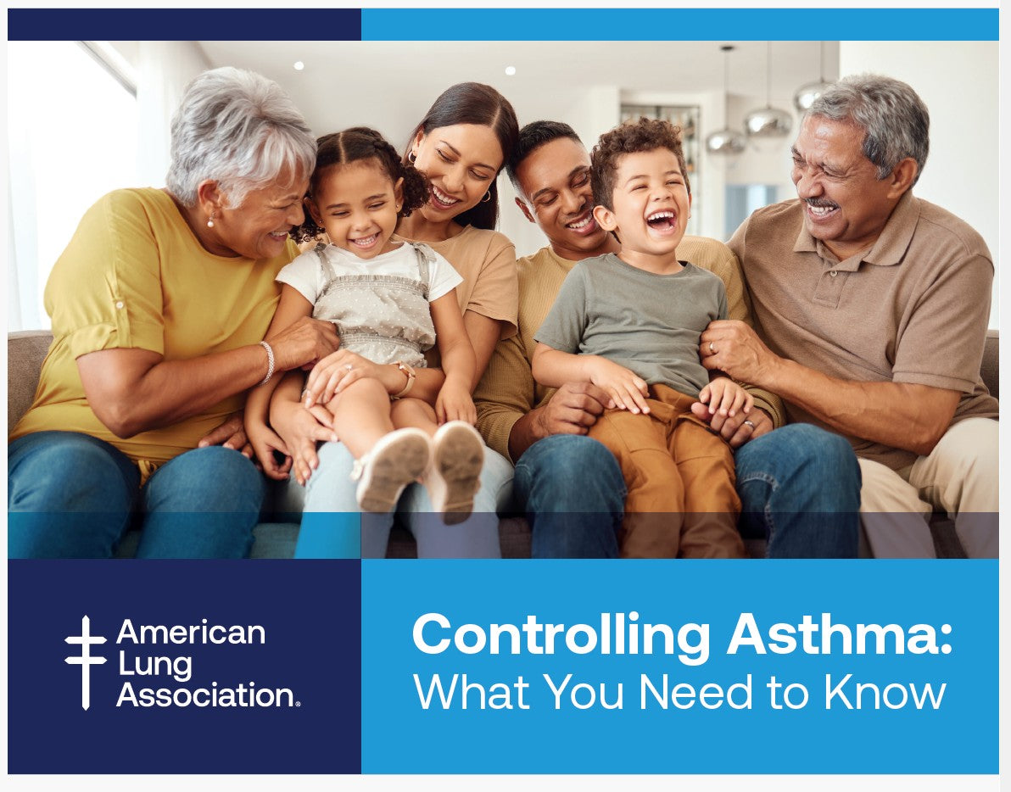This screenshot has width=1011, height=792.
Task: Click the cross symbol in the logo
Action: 86,661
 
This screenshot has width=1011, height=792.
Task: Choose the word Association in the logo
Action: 207,694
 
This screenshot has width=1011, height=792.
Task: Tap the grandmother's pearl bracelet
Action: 268,361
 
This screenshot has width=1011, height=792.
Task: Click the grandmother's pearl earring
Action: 210,222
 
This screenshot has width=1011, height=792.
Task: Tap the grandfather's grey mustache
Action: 820,204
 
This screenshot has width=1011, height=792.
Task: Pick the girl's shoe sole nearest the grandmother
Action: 391,468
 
